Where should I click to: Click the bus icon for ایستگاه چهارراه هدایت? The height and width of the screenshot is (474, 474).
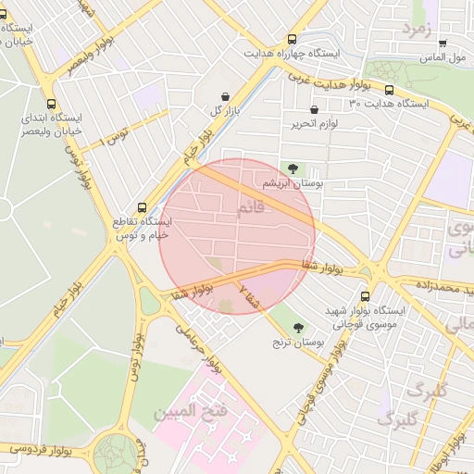tap(293, 40)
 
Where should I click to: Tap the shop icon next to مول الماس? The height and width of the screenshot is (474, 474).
tap(443, 44)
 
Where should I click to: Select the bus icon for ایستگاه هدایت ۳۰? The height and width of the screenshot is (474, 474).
tap(389, 91)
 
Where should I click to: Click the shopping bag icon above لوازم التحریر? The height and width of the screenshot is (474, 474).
tap(315, 110)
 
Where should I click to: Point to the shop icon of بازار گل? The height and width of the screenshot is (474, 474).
tap(225, 96)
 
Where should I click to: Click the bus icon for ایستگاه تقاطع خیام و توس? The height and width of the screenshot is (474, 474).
tap(142, 207)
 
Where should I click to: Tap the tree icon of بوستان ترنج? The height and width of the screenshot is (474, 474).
tap(298, 328)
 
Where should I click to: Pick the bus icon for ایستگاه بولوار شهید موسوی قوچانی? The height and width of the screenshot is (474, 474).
tap(365, 296)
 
